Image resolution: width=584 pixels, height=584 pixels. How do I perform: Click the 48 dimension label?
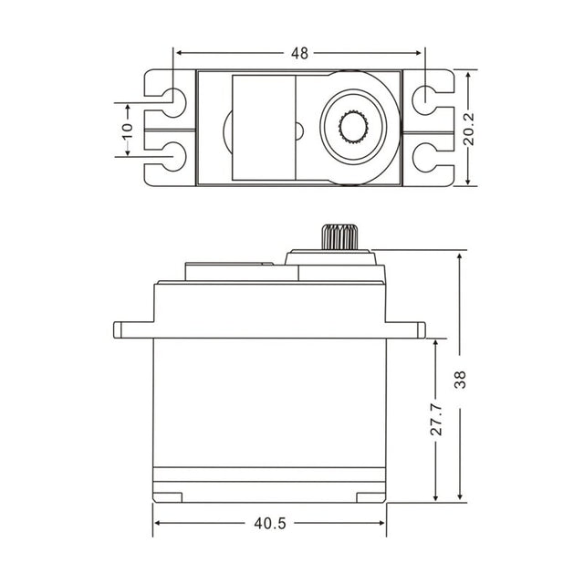pos(299,53)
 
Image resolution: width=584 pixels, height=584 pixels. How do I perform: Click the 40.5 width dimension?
pos(271,523)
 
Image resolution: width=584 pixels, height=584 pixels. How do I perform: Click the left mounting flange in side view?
pos(133,329)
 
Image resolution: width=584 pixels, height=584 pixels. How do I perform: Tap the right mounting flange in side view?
pos(406,329)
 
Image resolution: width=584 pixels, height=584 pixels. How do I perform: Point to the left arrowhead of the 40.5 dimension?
pos(159,523)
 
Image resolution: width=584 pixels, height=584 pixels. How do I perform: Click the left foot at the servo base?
pos(168,497)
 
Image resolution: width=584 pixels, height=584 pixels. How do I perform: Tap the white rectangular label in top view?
pos(264,128)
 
